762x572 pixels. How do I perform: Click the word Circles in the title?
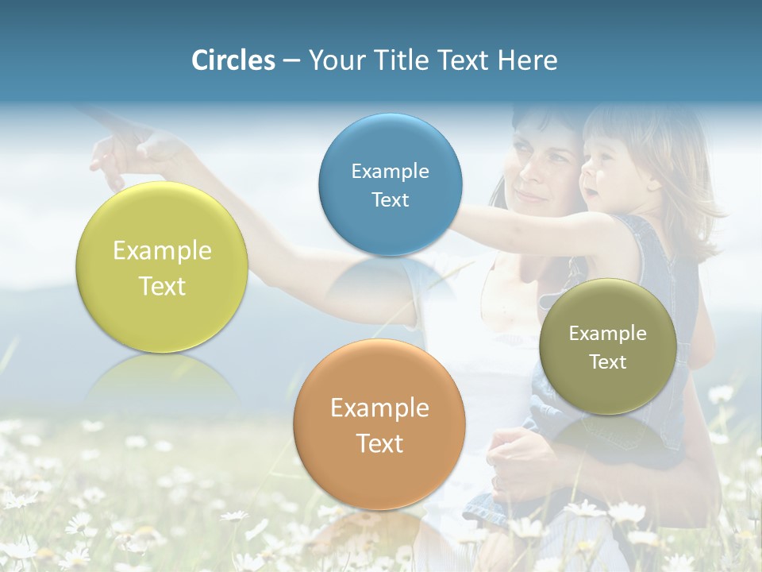point(233,60)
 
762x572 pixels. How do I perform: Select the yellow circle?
point(162,267)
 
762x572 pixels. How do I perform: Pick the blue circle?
point(390,184)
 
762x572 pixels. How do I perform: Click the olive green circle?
point(607,346)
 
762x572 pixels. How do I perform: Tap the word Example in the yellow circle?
point(162,250)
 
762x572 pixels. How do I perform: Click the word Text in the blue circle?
point(390,199)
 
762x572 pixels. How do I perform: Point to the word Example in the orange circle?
point(379,408)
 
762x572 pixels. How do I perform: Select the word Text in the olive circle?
point(608,361)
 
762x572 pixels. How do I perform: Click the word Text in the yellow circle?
point(162,286)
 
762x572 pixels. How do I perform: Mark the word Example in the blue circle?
point(390,171)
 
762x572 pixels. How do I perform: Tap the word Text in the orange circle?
point(379,443)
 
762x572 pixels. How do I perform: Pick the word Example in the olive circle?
point(607,333)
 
